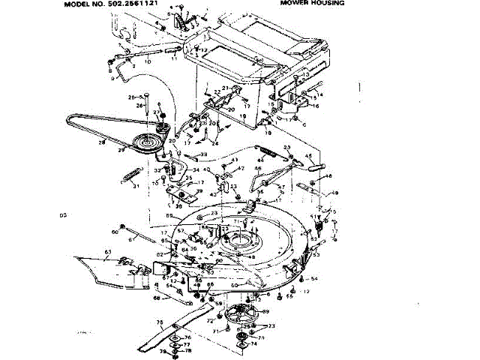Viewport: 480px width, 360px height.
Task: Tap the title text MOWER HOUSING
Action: point(312,3)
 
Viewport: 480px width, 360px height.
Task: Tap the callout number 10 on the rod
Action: point(147,61)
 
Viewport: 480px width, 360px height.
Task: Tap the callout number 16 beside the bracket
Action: point(316,106)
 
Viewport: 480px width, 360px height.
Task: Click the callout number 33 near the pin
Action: point(203,154)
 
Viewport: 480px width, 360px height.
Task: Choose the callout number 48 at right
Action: point(334,193)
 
